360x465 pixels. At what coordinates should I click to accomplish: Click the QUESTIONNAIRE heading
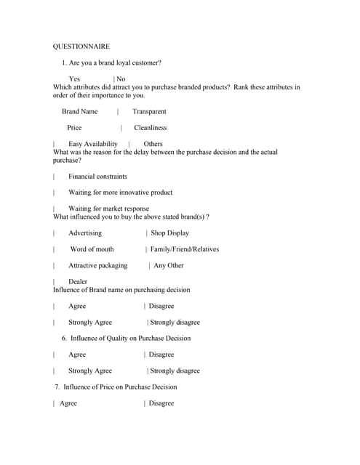point(81,46)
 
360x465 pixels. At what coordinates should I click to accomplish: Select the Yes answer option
point(74,78)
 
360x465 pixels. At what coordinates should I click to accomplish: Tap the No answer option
point(121,78)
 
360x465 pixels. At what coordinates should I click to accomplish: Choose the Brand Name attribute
point(79,111)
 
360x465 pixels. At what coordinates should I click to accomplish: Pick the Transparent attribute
point(149,111)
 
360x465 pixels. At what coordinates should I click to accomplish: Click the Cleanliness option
point(150,127)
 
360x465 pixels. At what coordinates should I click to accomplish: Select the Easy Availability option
point(92,144)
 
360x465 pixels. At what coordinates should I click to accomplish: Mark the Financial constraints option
point(97,176)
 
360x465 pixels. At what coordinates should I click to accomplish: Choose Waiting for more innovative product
point(120,193)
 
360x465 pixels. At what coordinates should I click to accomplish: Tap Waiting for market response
point(108,209)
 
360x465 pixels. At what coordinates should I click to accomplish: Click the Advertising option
point(85,233)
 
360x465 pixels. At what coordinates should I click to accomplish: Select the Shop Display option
point(169,233)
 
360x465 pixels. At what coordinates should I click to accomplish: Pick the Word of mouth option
point(92,249)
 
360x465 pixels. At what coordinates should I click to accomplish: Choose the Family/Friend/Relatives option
point(184,249)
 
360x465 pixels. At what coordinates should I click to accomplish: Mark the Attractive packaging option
point(97,265)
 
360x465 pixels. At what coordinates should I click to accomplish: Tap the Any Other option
point(169,265)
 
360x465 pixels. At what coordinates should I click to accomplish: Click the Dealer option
point(78,281)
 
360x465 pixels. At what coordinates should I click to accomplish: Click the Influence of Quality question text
point(130,338)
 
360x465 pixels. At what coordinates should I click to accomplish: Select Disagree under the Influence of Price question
point(161,403)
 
